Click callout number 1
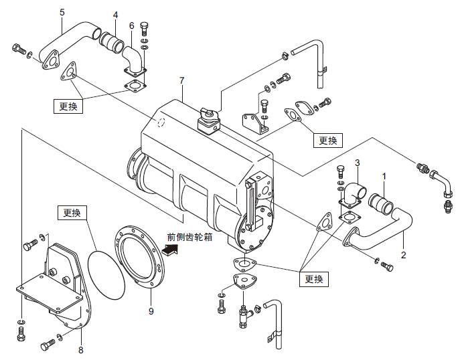click(x=384, y=176)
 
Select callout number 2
click(x=404, y=256)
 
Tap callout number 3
click(x=358, y=163)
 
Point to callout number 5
click(x=62, y=12)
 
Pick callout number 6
click(x=132, y=25)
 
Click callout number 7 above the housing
click(x=181, y=81)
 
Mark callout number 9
click(x=151, y=311)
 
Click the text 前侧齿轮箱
click(x=189, y=237)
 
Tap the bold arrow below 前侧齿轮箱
click(x=171, y=250)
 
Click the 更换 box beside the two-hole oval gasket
click(x=327, y=141)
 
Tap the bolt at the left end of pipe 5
click(x=19, y=49)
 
